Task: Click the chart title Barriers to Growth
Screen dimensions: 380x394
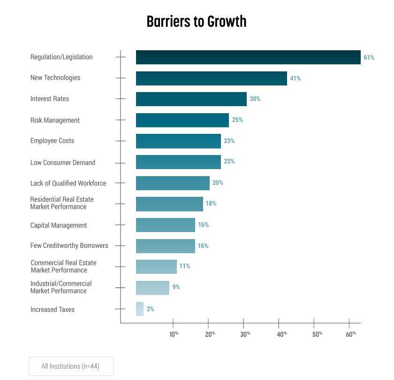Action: click(196, 22)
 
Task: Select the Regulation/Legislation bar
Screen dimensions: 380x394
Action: click(248, 57)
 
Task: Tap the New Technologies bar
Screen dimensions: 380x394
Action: click(211, 78)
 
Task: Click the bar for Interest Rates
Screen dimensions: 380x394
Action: click(191, 99)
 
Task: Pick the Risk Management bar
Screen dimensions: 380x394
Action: click(182, 120)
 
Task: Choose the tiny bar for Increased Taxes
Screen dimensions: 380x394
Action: click(140, 309)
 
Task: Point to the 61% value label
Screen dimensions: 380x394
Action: click(369, 58)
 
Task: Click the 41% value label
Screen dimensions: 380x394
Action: click(295, 78)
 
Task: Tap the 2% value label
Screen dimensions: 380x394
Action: click(150, 309)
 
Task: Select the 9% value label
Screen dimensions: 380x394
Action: click(176, 287)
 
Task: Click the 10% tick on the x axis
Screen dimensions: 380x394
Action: click(174, 334)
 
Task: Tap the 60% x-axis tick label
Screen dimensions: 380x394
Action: click(351, 334)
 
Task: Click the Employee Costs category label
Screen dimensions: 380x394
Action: click(52, 141)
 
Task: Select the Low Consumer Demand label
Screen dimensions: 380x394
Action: click(62, 163)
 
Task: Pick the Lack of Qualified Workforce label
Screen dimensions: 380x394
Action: click(68, 183)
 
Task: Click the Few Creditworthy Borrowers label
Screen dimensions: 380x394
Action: click(69, 246)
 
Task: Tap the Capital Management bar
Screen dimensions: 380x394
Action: click(165, 225)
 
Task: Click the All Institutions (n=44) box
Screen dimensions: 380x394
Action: click(71, 366)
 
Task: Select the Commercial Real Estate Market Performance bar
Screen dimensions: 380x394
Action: click(156, 267)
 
